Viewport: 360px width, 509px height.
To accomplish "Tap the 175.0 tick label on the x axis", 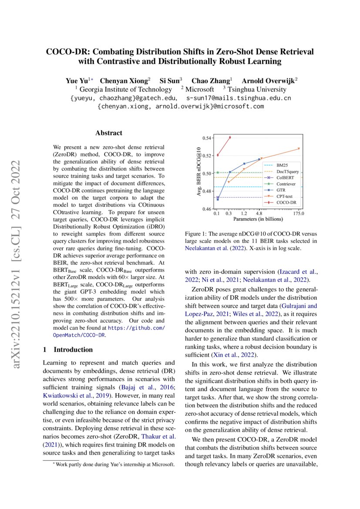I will [x=299, y=214].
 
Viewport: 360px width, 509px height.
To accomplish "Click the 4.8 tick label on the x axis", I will [x=259, y=214].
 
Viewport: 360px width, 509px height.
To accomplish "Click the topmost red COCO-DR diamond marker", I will [x=230, y=137].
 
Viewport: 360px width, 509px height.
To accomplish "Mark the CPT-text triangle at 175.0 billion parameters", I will [x=299, y=148].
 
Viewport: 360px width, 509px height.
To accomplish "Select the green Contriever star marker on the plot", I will [x=218, y=172].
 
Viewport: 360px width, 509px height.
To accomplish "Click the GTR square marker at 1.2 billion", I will [x=244, y=164].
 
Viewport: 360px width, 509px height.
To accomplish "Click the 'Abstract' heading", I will [x=109, y=133].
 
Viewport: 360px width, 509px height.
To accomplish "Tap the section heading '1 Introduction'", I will [x=68, y=350].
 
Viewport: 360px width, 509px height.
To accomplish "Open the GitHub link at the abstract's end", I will [x=136, y=327].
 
